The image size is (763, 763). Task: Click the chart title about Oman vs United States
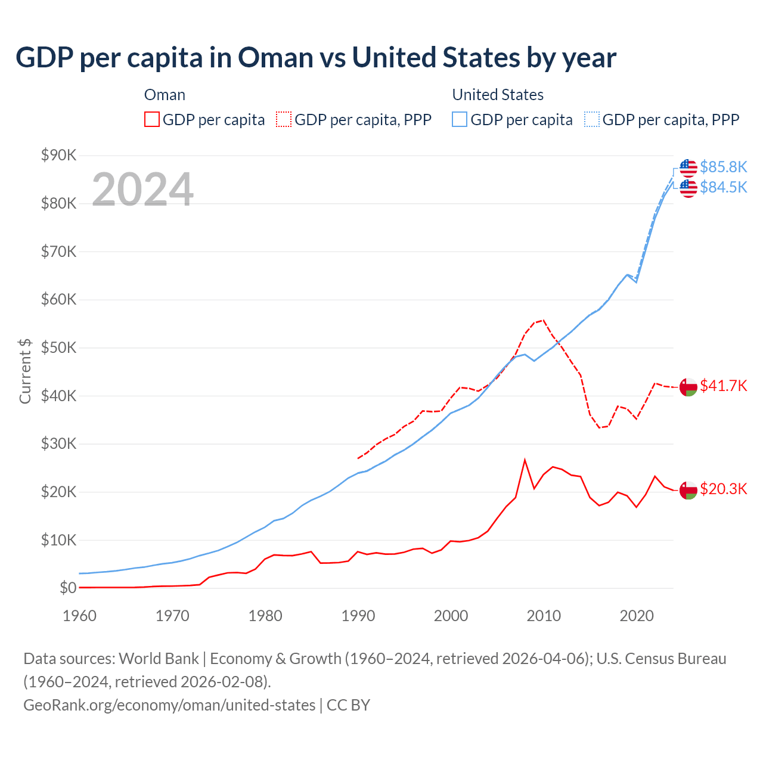316,58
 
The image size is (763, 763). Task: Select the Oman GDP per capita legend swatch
152,119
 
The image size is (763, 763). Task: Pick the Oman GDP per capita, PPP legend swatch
284,119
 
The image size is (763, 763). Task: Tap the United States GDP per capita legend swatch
460,119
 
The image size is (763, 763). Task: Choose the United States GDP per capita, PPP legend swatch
592,119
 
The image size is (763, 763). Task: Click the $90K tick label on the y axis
58,156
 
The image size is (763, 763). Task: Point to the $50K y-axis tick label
58,348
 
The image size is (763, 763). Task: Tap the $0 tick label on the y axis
67,588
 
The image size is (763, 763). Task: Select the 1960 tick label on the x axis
79,616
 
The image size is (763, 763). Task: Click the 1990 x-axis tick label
358,616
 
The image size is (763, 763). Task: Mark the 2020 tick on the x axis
637,616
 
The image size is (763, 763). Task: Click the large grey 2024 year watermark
142,190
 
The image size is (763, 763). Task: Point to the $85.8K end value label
723,167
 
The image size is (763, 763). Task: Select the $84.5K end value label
723,187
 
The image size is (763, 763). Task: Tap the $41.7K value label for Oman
723,386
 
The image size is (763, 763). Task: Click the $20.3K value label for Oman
723,489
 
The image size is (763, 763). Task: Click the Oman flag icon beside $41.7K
688,386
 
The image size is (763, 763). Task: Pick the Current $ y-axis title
25,371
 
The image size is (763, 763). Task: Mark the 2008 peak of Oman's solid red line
525,460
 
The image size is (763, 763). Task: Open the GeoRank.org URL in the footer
169,705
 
